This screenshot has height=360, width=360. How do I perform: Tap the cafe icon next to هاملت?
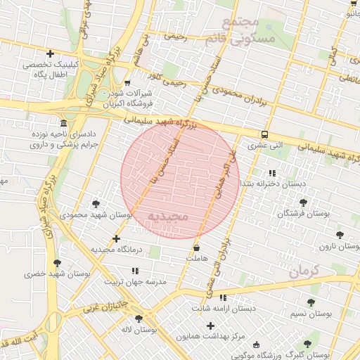point(196,248)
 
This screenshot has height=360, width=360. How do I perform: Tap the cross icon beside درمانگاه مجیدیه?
point(116,239)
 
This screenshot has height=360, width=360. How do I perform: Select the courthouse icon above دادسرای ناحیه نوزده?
point(64,122)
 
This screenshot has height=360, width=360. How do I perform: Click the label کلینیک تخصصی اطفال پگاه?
point(49,70)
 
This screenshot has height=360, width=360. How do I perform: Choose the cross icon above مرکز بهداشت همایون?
point(210,326)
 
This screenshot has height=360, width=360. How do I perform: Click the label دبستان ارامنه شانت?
point(224,308)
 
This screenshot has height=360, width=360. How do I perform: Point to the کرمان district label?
point(304,270)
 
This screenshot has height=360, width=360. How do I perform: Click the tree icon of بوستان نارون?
point(340,236)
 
